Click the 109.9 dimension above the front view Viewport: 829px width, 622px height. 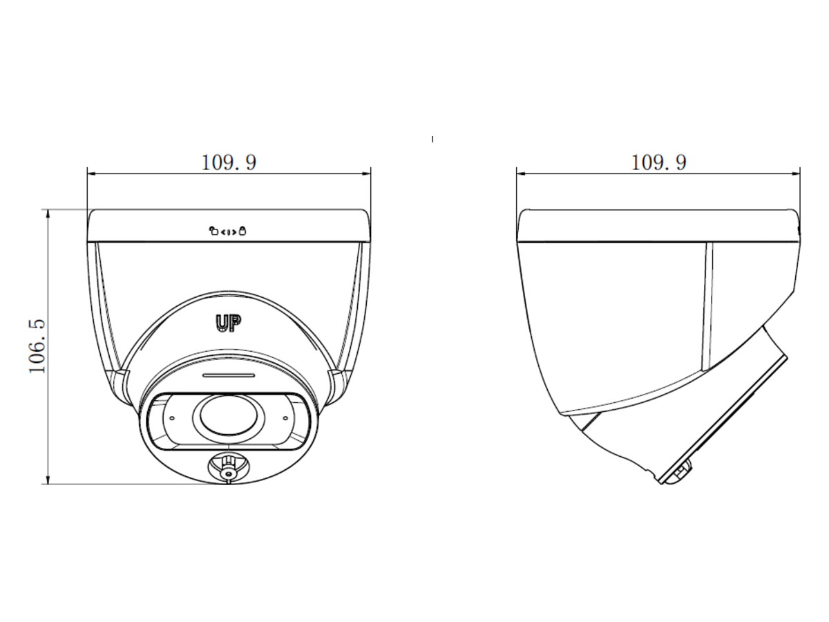229,162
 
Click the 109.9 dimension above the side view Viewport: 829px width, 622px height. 658,162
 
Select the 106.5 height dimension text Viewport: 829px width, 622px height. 37,346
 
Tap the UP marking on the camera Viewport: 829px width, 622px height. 229,323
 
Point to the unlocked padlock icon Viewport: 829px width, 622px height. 213,230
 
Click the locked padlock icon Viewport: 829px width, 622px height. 242,230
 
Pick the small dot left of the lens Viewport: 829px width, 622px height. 172,418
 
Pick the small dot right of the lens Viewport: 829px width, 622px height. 285,418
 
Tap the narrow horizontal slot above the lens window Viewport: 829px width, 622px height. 229,375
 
